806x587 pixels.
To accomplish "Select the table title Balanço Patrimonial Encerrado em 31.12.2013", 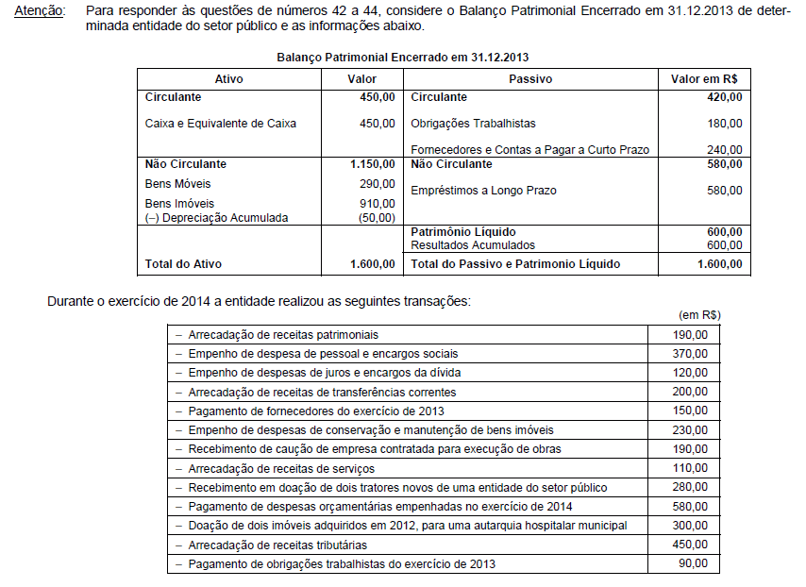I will point(403,58).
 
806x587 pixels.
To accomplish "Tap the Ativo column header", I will point(228,79).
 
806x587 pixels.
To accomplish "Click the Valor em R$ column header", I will point(703,79).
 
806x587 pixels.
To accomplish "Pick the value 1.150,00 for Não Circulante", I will point(372,164).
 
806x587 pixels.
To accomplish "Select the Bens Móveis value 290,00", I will point(378,183).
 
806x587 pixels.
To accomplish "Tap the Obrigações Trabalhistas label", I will point(473,124).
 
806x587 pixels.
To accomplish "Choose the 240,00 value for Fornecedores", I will point(725,149).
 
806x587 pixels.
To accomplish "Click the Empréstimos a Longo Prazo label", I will point(483,191).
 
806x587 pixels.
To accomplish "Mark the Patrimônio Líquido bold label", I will point(463,231).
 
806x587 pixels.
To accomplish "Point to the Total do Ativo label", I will point(183,264).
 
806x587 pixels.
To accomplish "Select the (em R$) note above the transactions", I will point(698,314).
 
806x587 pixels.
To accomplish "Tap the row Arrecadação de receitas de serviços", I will point(281,468).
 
